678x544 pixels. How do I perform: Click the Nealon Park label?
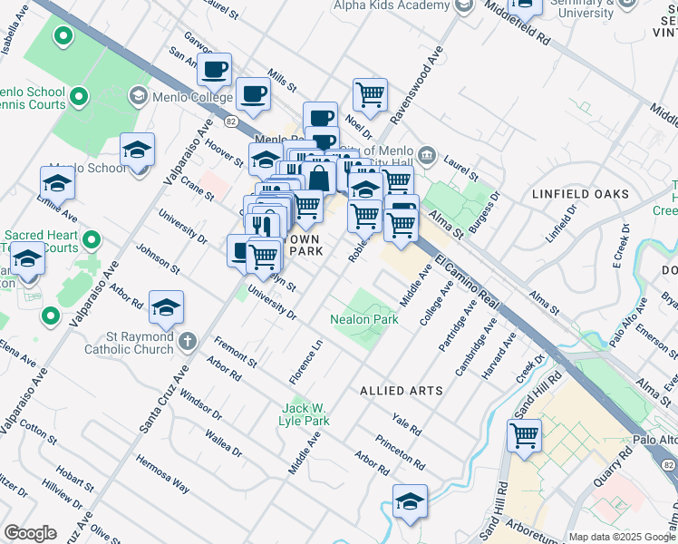coord(364,320)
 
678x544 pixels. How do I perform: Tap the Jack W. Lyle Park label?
coord(305,414)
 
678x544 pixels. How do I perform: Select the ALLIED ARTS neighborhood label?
coord(401,391)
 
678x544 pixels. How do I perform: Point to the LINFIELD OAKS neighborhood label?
coord(580,194)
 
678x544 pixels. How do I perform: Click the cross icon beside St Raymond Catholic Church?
coord(187,342)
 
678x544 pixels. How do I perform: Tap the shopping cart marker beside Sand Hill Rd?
coord(525,436)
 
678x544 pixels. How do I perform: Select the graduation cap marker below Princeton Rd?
coord(410,502)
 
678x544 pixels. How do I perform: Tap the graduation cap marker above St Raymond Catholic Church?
coord(166,308)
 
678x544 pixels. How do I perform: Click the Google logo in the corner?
coord(30,533)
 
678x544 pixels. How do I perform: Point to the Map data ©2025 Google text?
coord(621,537)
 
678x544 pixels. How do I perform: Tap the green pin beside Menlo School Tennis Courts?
coord(78,95)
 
